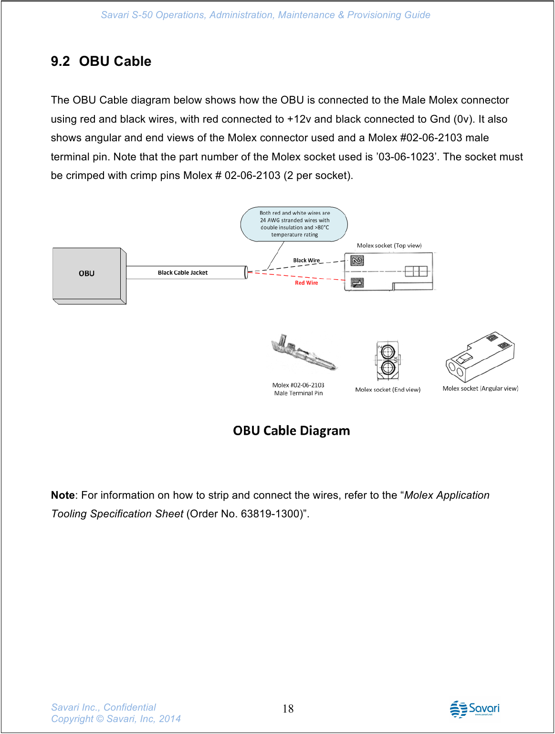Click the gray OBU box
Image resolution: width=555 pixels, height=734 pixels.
tap(87, 273)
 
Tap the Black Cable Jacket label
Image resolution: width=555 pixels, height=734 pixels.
tap(183, 273)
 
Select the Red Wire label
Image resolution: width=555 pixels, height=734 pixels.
tap(306, 283)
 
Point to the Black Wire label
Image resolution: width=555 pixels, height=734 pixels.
tap(306, 261)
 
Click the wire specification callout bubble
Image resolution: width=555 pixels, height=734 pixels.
tap(294, 224)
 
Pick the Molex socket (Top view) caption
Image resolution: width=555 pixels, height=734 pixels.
tap(389, 245)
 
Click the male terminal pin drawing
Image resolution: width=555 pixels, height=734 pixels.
tap(304, 354)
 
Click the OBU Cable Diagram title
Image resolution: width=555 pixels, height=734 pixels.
tap(291, 430)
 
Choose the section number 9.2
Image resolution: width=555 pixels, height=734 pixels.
tap(60, 61)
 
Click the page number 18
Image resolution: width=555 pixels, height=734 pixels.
tap(288, 709)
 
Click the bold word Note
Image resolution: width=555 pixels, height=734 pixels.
tap(63, 495)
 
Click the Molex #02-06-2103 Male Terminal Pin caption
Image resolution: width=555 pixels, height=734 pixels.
tap(298, 389)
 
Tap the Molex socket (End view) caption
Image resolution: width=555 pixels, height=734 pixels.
tap(387, 389)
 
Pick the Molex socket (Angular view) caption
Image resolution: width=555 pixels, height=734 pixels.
tap(480, 388)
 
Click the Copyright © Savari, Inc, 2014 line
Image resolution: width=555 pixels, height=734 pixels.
tap(116, 719)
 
